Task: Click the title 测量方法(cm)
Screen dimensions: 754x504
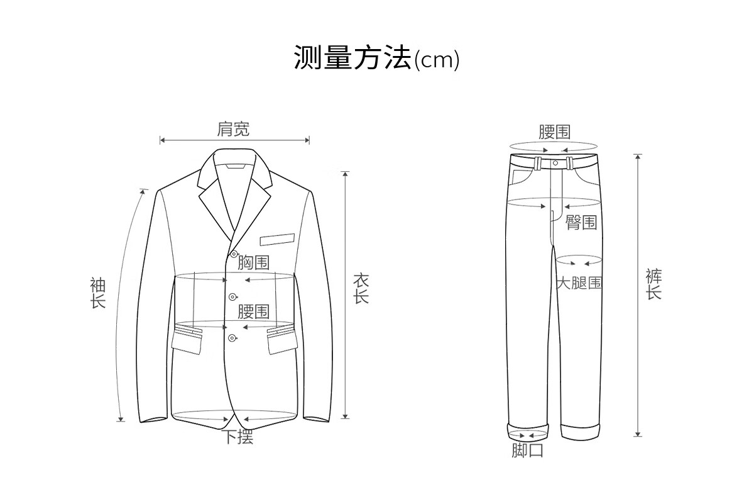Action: pyautogui.click(x=376, y=59)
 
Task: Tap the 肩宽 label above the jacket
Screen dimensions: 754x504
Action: pyautogui.click(x=233, y=129)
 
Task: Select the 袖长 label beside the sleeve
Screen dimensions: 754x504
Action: pyautogui.click(x=97, y=293)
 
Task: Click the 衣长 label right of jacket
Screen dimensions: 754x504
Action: pyautogui.click(x=361, y=289)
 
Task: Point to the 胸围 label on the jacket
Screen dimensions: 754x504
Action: pyautogui.click(x=254, y=262)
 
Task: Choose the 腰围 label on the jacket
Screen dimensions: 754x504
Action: pyautogui.click(x=254, y=311)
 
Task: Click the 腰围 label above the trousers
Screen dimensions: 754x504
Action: pyautogui.click(x=555, y=132)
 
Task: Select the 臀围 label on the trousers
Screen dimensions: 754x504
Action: pyautogui.click(x=581, y=222)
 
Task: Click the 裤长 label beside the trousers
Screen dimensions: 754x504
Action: pyautogui.click(x=653, y=284)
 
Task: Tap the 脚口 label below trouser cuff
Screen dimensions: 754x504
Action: pyautogui.click(x=527, y=451)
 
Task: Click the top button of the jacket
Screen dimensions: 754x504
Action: pyautogui.click(x=234, y=254)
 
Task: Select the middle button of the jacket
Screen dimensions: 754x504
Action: pyautogui.click(x=232, y=296)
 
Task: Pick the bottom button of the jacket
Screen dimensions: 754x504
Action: pyautogui.click(x=232, y=339)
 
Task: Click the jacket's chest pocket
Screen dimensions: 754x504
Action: pyautogui.click(x=277, y=239)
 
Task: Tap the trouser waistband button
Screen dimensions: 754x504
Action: pyautogui.click(x=555, y=164)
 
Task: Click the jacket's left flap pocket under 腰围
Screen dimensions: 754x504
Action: pyautogui.click(x=188, y=340)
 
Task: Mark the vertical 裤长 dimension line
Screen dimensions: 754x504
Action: pyautogui.click(x=638, y=295)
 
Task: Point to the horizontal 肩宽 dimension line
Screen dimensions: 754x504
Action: pyautogui.click(x=234, y=140)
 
